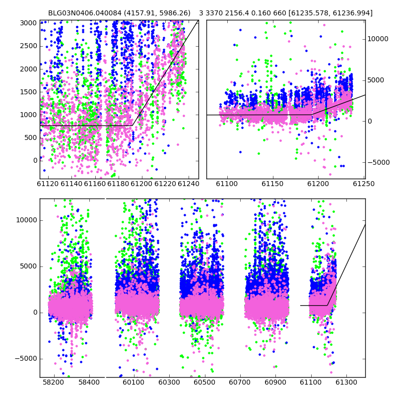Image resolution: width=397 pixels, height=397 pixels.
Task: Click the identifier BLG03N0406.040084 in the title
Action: (85, 13)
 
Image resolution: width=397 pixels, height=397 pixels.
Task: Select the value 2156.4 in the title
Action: (237, 13)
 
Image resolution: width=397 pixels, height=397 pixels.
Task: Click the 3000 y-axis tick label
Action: (29, 23)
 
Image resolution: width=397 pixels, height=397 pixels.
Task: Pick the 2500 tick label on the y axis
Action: (29, 46)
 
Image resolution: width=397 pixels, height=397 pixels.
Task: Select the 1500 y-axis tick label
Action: (29, 92)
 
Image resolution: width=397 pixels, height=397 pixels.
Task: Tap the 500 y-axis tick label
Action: (31, 138)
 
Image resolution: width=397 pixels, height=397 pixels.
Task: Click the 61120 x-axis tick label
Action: (48, 184)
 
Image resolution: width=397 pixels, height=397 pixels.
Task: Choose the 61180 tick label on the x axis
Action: (118, 184)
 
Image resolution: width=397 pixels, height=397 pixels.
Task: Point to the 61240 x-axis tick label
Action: (189, 184)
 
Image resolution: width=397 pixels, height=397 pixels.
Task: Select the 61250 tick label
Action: (364, 184)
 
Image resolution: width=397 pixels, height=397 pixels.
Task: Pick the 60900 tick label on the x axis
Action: (275, 382)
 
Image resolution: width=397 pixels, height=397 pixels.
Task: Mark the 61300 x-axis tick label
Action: (346, 382)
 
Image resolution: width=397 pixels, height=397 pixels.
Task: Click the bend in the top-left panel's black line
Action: (132, 126)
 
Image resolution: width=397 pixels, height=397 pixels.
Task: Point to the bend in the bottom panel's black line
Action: (327, 305)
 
